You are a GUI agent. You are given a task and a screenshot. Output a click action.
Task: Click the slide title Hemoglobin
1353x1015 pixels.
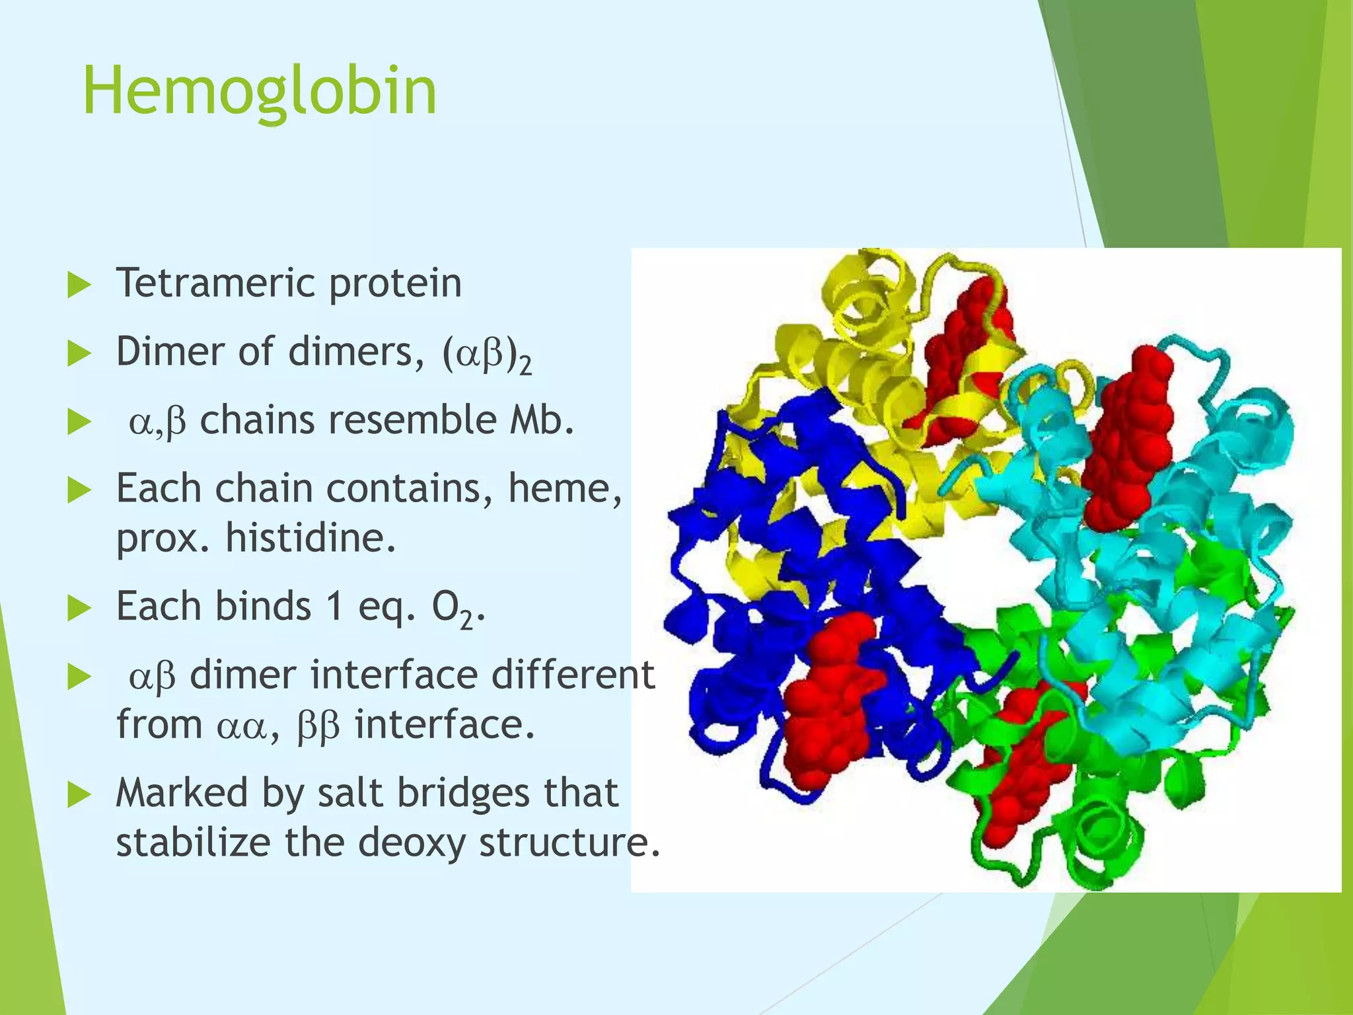(x=259, y=91)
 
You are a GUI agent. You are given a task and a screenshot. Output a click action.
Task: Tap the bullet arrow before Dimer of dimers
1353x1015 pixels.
(x=79, y=354)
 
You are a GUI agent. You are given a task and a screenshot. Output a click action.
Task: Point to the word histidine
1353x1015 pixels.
(x=311, y=538)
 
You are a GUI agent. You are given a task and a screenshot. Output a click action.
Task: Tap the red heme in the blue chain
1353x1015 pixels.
(x=829, y=700)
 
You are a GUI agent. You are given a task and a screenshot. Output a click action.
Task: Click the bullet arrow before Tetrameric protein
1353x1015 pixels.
(x=79, y=285)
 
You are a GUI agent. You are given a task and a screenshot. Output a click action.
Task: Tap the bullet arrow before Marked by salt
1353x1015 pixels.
(x=79, y=795)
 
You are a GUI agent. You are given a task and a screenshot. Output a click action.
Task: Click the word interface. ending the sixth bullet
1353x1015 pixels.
(x=444, y=726)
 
